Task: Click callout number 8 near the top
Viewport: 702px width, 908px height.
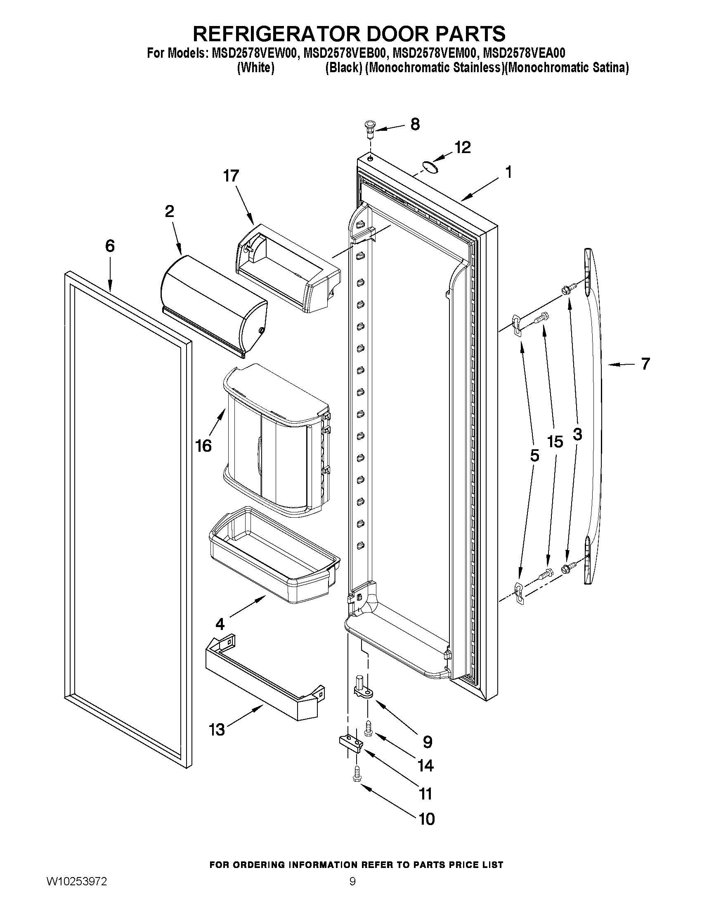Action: click(415, 124)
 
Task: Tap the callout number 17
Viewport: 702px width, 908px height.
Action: click(231, 176)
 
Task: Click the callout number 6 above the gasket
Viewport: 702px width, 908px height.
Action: click(109, 246)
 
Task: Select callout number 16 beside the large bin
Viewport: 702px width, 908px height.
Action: click(204, 446)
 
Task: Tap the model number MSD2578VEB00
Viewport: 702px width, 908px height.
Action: click(344, 54)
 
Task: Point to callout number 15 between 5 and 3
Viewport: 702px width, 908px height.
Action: click(555, 441)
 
